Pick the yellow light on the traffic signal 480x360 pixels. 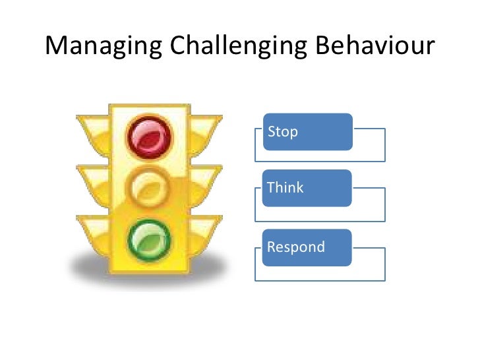point(151,187)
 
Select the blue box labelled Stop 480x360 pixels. point(307,131)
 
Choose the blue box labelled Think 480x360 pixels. point(307,188)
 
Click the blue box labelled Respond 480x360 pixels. point(307,248)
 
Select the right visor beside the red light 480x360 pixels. point(206,128)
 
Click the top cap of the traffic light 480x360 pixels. point(150,107)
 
